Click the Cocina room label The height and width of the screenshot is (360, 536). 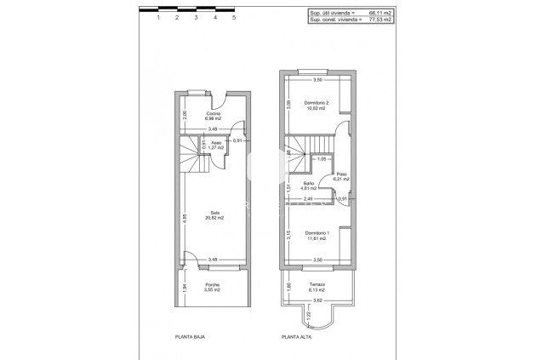(214, 114)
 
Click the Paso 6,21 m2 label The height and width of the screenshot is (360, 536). (342, 177)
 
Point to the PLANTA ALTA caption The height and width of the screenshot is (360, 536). (298, 337)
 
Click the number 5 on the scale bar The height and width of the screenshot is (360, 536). (234, 17)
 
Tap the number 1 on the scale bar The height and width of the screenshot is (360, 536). (158, 17)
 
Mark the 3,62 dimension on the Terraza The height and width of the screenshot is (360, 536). (317, 300)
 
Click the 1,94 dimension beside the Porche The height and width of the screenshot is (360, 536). (185, 287)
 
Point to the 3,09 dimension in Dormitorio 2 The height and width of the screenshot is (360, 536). (288, 104)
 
